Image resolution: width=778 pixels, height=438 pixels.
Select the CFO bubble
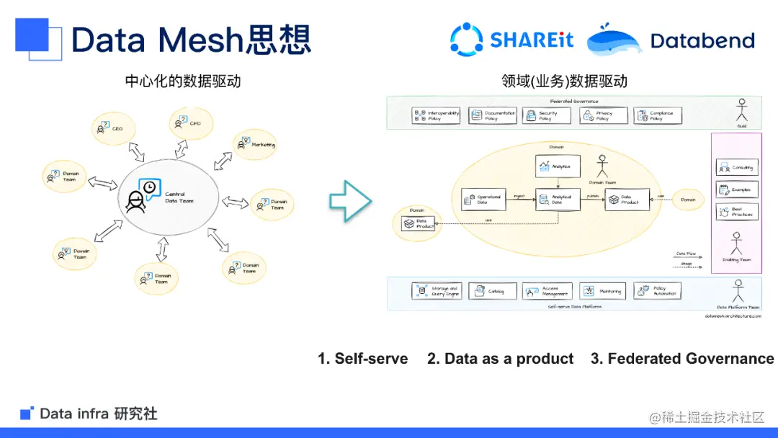click(189, 124)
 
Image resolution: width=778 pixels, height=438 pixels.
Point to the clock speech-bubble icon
click(148, 188)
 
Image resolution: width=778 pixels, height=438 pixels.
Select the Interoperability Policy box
click(436, 115)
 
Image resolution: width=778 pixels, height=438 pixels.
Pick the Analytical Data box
click(558, 200)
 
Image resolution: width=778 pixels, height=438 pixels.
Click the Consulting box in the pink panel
click(736, 168)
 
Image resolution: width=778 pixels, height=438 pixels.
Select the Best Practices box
click(736, 212)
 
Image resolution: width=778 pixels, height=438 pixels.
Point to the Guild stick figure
click(741, 111)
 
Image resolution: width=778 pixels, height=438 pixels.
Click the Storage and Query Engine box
click(436, 291)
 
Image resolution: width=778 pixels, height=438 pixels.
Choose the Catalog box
click(492, 291)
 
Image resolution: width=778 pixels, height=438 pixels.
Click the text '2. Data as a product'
click(500, 359)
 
